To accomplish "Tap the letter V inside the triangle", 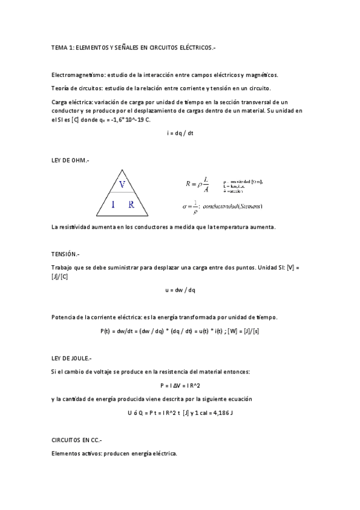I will click(122, 184).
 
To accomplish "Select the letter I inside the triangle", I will click(112, 204).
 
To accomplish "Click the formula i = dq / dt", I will click(180, 133).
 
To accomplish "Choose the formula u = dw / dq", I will click(180, 290).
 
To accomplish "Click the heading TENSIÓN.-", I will click(66, 253).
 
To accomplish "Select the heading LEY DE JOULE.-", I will click(72, 358).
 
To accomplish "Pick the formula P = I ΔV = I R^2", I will click(180, 386).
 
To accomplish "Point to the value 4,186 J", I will click(221, 413).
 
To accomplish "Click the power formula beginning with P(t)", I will click(180, 331).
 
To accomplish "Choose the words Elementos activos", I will click(75, 453).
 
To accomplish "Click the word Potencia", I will click(65, 317).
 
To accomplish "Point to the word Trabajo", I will click(64, 266).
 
